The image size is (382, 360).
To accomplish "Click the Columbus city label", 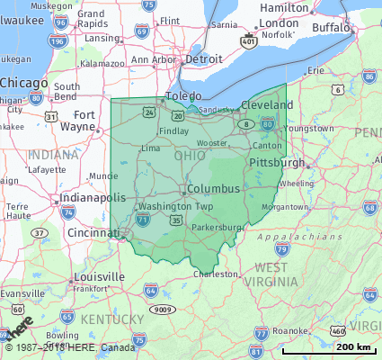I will [214, 189].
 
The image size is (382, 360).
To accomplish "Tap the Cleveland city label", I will [267, 104].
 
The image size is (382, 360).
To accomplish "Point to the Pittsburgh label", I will [278, 163].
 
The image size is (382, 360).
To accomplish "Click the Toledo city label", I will [183, 95].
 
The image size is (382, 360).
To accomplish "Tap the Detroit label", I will [202, 58].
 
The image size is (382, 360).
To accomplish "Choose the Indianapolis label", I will [93, 197].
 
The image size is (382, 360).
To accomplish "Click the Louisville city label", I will [100, 276].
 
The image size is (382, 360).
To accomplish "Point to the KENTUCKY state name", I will [111, 319].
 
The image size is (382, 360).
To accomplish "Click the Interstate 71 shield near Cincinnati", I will [143, 219].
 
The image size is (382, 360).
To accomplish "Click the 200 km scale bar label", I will [352, 346].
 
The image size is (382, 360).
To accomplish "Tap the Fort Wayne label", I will [84, 121].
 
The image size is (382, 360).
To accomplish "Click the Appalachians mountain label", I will [288, 238].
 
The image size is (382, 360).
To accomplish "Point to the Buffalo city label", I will [331, 28].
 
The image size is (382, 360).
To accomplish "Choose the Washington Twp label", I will [176, 206].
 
